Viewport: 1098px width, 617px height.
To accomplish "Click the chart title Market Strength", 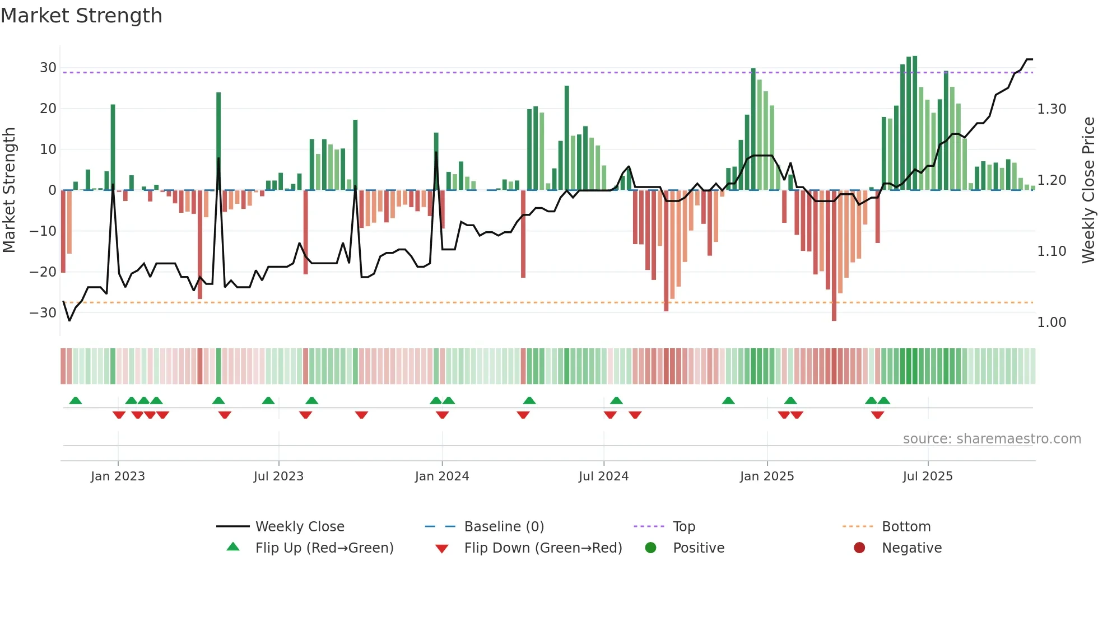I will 81,16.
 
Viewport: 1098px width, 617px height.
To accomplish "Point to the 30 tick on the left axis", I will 48,68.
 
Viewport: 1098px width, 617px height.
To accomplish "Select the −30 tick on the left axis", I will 43,313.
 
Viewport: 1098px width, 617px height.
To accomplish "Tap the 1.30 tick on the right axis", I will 1052,109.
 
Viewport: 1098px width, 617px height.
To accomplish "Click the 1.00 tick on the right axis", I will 1052,322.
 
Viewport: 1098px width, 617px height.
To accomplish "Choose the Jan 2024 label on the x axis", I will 441,476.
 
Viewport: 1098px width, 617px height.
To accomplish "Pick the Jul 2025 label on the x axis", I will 927,476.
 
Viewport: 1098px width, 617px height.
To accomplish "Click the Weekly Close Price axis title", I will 1088,190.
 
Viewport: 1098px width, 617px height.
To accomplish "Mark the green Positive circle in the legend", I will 650,548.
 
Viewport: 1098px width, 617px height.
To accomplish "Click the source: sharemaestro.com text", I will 992,439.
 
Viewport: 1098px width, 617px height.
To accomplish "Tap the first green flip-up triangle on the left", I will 75,400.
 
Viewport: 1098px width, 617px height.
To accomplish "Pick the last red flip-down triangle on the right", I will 877,415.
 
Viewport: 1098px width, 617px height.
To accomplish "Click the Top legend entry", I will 683,527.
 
